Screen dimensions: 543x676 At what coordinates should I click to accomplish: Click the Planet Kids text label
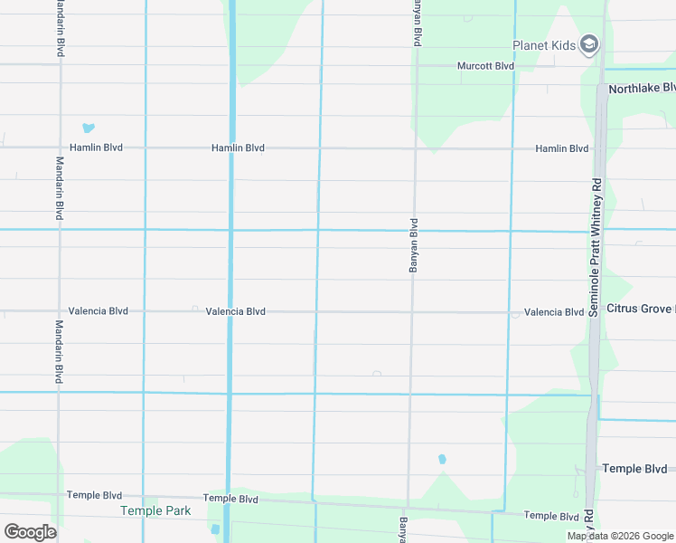click(x=544, y=45)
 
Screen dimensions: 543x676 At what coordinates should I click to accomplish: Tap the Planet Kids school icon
click(x=589, y=44)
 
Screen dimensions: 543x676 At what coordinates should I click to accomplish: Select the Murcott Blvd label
click(x=485, y=66)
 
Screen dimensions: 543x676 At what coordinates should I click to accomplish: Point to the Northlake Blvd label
click(x=642, y=89)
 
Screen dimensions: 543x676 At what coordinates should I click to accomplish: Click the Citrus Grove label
click(x=640, y=310)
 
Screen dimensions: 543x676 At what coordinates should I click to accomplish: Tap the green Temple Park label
click(x=155, y=510)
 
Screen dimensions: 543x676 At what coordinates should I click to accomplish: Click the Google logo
click(x=30, y=531)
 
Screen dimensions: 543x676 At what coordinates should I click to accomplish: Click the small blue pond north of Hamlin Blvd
click(x=89, y=129)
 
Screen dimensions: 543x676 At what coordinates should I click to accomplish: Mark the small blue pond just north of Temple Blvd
click(x=442, y=459)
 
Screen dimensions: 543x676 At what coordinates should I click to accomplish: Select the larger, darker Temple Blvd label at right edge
click(x=634, y=469)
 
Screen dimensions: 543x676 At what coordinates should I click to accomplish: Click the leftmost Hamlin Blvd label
click(x=96, y=148)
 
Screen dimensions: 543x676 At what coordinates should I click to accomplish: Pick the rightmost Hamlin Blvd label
click(x=561, y=148)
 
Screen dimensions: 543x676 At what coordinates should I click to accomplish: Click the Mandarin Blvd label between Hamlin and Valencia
click(x=60, y=188)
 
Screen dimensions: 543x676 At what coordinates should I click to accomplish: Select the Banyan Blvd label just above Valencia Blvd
click(x=414, y=246)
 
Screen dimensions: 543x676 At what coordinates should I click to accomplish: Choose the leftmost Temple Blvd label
click(x=94, y=496)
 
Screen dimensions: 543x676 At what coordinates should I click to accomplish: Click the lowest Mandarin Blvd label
click(x=59, y=352)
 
